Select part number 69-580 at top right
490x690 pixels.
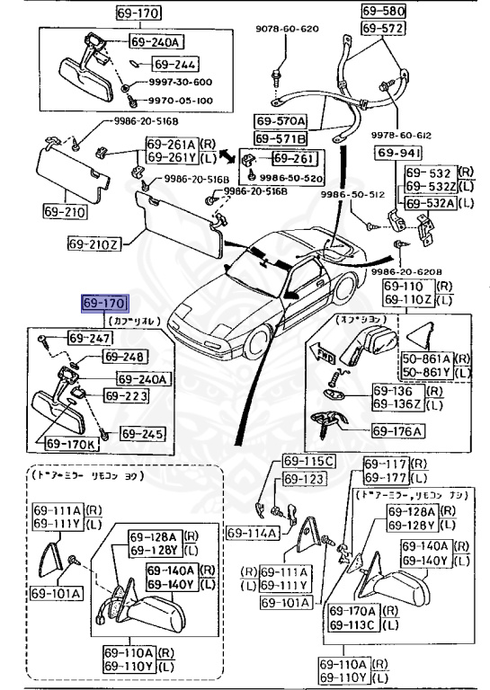(384, 12)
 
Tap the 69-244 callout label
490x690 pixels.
(174, 65)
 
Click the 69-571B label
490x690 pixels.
(280, 137)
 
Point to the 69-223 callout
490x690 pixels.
(125, 395)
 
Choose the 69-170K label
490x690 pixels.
(70, 443)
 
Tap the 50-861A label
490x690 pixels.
(427, 358)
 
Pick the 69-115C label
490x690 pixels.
(308, 462)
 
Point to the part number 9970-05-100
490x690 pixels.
(180, 102)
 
